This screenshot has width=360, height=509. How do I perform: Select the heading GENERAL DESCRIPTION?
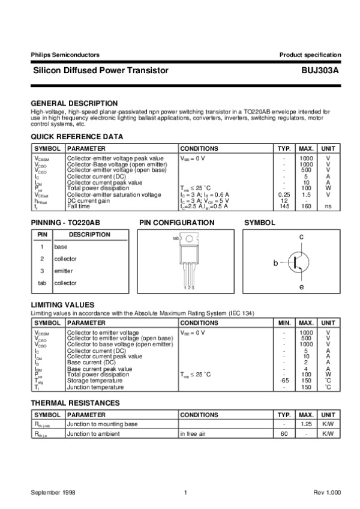(x=74, y=103)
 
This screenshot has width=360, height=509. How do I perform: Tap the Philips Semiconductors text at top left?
(x=61, y=55)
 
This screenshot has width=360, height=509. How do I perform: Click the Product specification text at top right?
(x=310, y=55)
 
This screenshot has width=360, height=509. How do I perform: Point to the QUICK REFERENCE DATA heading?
(x=77, y=137)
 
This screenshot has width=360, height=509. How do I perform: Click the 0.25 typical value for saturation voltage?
(x=284, y=194)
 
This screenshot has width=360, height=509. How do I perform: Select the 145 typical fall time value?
(x=284, y=206)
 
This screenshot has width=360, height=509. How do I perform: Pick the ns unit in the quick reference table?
(x=328, y=206)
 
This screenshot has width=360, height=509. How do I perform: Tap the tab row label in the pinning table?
(x=42, y=283)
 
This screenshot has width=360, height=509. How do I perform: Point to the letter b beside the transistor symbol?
(x=275, y=263)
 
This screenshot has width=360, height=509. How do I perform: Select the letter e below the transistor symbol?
(x=301, y=287)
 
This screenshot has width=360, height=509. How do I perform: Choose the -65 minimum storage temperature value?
(x=284, y=381)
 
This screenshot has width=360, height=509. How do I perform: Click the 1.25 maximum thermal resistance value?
(x=307, y=424)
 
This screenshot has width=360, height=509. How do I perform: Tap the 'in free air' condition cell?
(x=194, y=433)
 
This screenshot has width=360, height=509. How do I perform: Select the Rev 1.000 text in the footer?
(x=327, y=492)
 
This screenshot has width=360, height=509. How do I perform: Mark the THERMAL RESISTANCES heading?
(x=75, y=402)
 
